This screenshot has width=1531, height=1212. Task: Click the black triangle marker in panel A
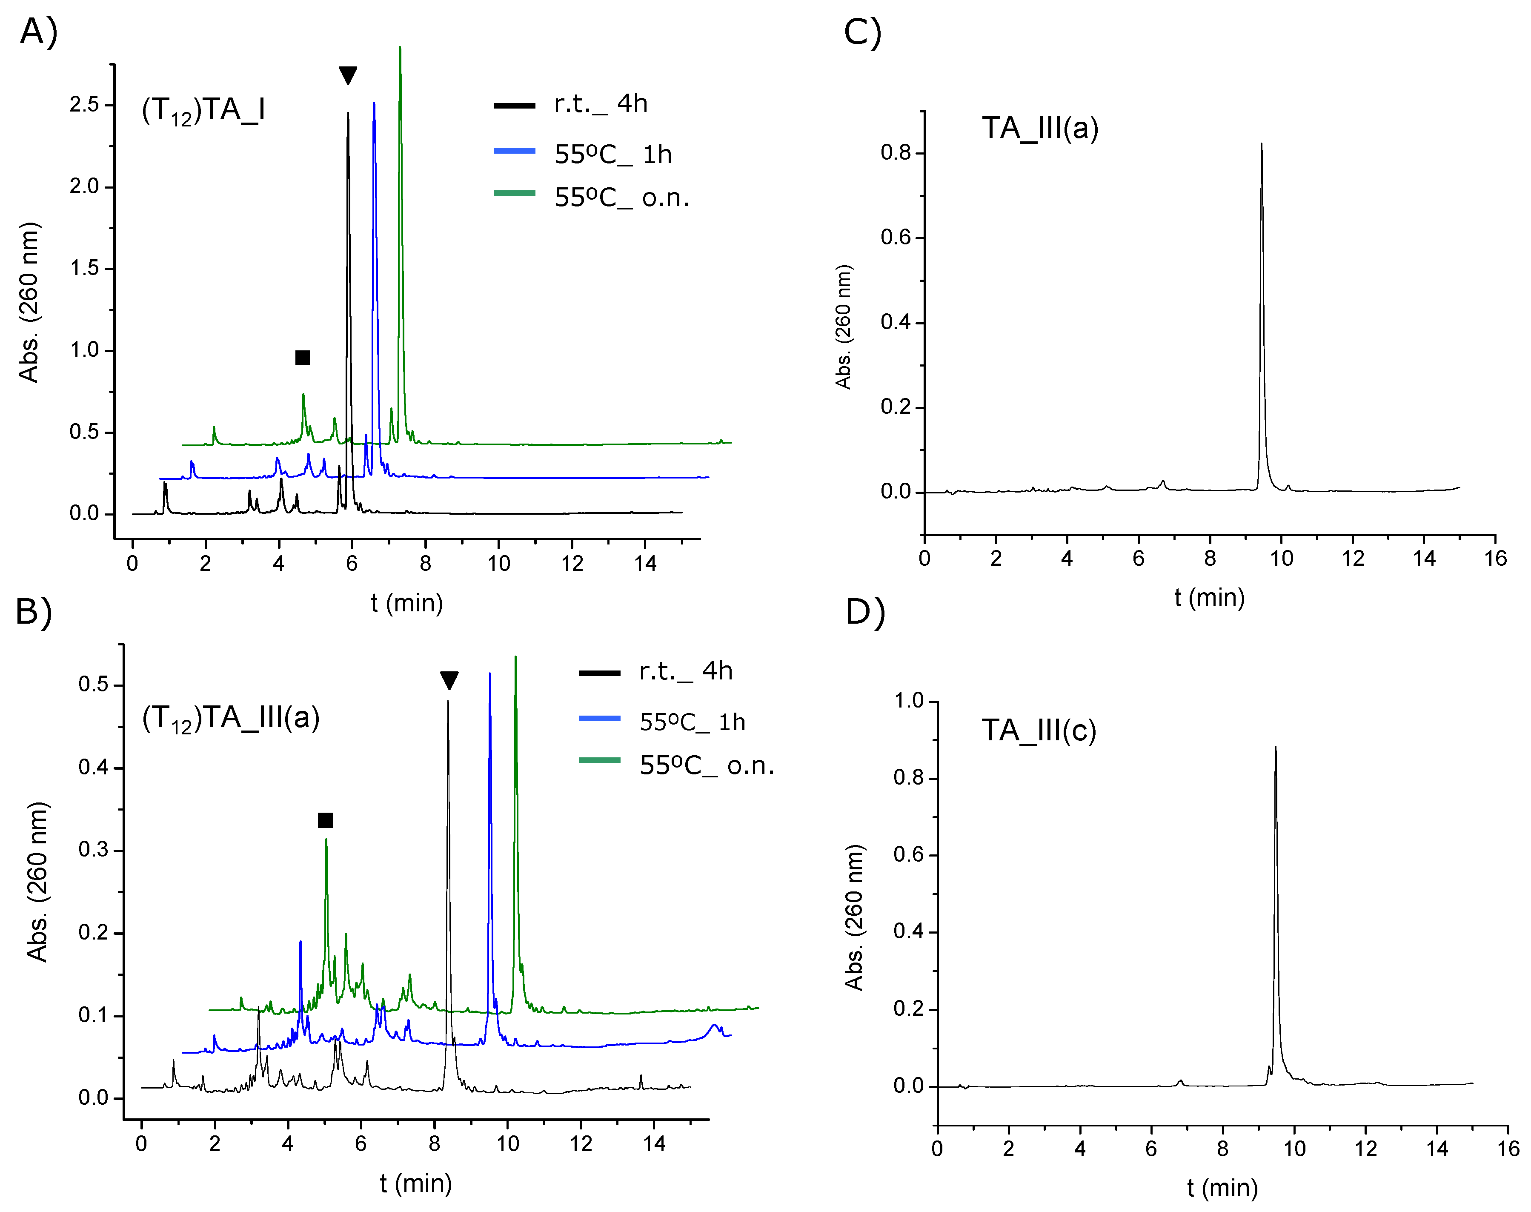[x=348, y=74]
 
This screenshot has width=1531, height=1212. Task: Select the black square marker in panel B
[x=325, y=820]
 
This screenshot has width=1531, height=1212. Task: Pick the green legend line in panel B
[x=599, y=760]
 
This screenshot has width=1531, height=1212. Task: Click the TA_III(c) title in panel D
[x=1039, y=730]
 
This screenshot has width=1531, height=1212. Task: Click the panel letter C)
[x=862, y=32]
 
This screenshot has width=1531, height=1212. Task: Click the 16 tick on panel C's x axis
[x=1495, y=559]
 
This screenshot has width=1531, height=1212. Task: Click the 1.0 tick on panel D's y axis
[x=908, y=701]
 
